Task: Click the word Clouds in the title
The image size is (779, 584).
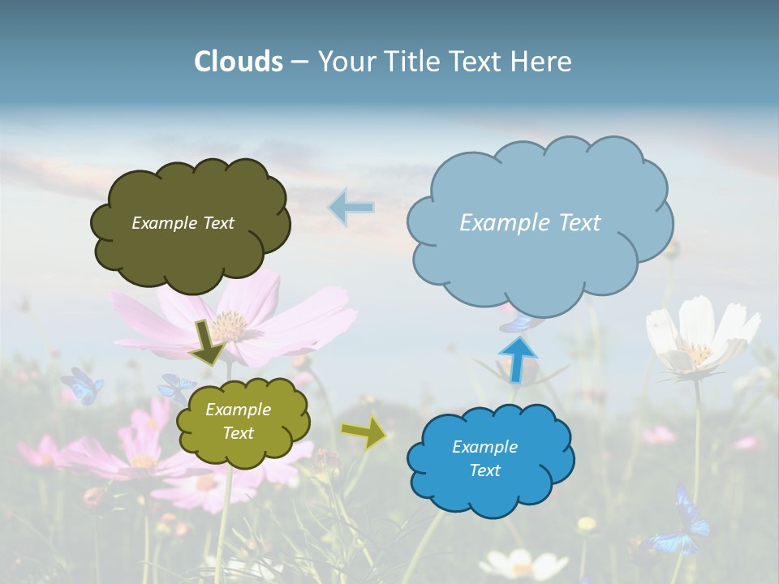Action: (x=239, y=62)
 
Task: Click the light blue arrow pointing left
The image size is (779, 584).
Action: (x=351, y=208)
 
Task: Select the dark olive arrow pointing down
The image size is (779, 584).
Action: (x=208, y=343)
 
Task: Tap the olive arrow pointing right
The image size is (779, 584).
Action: (x=364, y=433)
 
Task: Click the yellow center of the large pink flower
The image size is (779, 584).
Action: (x=230, y=325)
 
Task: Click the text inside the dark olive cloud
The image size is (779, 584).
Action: (x=183, y=223)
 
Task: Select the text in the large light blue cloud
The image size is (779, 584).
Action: (x=530, y=222)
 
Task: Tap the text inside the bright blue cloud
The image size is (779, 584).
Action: (x=484, y=458)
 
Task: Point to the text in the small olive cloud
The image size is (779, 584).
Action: (x=238, y=421)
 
